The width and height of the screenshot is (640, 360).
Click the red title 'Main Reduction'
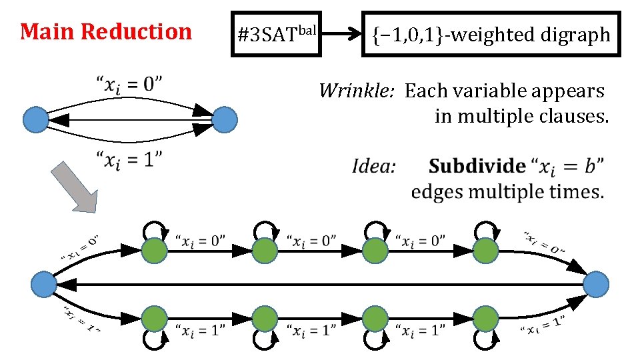(105, 31)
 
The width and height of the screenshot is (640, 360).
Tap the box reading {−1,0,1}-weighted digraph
(491, 34)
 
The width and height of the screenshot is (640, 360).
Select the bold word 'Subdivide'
(477, 165)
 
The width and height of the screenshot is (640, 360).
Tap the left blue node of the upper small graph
(36, 120)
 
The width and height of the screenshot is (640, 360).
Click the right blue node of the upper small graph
(225, 120)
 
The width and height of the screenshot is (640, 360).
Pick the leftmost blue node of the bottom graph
(44, 285)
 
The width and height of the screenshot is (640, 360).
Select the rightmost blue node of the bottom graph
(596, 285)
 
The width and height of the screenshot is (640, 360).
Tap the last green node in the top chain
(485, 251)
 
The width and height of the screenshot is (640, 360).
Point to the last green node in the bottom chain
(485, 317)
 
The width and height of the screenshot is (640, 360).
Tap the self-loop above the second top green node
(265, 230)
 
